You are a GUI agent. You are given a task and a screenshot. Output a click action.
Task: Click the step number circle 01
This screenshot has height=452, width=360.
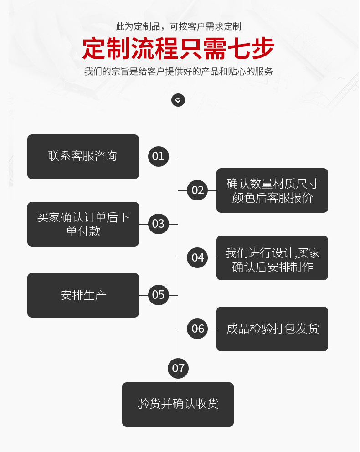point(158,157)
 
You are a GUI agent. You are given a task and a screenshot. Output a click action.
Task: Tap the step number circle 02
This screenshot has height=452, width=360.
point(198,190)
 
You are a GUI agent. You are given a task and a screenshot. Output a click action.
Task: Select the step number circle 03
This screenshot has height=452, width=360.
point(158,224)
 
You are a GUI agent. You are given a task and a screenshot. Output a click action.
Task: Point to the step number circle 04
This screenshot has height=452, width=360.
point(198,258)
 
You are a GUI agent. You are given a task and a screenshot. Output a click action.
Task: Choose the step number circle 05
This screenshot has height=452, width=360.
point(158,295)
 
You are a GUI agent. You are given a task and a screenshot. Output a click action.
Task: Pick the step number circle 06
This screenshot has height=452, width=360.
point(198,329)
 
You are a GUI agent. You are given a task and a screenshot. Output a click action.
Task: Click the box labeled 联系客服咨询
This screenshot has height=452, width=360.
point(83,157)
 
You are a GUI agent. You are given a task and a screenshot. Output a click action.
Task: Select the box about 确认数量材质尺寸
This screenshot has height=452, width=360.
point(272,190)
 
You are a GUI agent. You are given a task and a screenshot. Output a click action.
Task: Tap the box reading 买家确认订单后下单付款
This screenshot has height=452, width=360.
point(83,224)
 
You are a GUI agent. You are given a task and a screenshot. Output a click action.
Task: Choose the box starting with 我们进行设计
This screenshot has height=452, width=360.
point(272,258)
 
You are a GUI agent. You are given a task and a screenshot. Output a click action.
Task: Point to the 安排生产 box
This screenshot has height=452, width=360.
point(83,295)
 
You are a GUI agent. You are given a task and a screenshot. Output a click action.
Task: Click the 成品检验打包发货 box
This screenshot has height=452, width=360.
point(272,329)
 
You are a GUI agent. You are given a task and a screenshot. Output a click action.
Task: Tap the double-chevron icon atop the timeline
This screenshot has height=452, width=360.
point(178,100)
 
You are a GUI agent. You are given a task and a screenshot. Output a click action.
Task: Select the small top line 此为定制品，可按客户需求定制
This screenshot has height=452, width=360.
point(179,26)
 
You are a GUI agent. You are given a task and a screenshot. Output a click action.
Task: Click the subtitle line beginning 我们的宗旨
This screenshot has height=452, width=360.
point(179,72)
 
